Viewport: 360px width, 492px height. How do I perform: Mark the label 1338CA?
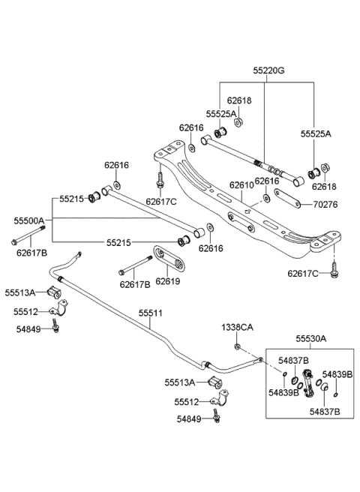pyautogui.click(x=236, y=328)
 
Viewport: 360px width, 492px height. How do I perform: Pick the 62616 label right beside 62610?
pyautogui.click(x=267, y=181)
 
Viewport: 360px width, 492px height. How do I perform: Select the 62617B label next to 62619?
pyautogui.click(x=135, y=284)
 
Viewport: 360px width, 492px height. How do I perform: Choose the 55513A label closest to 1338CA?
pyautogui.click(x=180, y=382)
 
